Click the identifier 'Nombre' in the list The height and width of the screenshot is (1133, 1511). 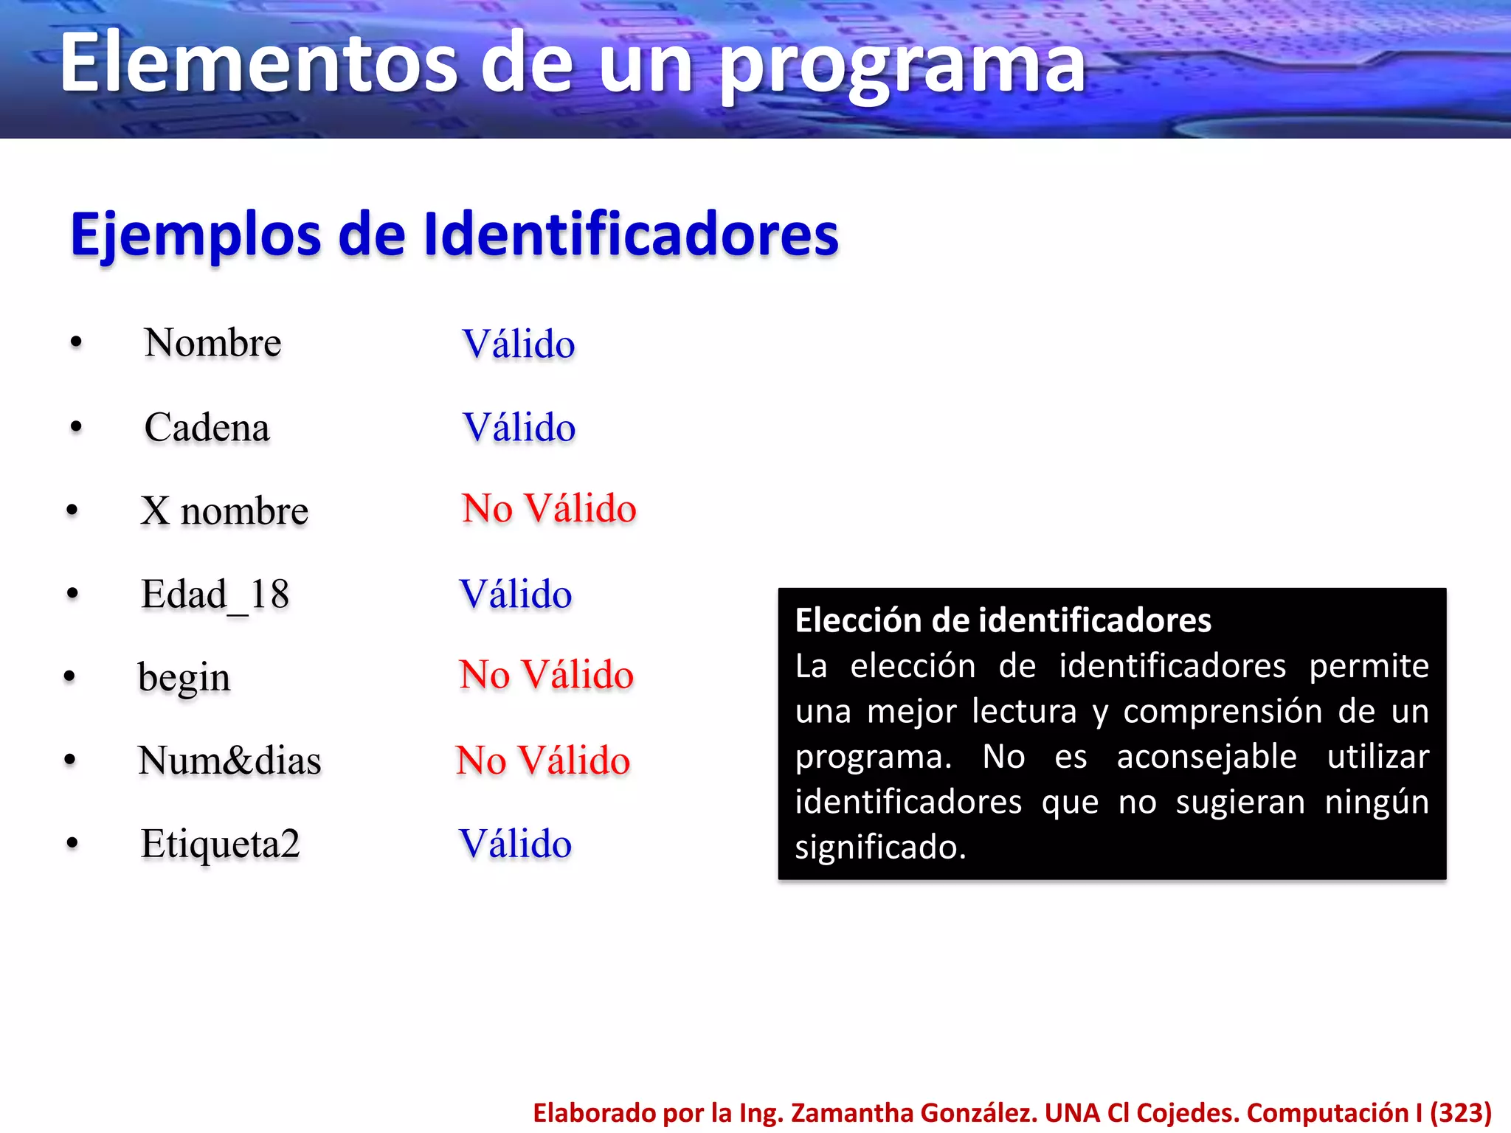click(x=212, y=343)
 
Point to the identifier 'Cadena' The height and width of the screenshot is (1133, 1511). click(x=207, y=428)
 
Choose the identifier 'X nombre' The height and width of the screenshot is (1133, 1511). click(x=224, y=510)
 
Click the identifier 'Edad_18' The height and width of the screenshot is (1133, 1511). click(x=215, y=595)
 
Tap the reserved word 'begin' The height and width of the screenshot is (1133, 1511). click(x=184, y=678)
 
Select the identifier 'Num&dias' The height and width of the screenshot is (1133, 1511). click(x=229, y=760)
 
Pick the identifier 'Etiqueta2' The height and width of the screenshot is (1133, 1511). click(x=220, y=844)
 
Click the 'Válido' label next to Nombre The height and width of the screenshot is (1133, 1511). click(x=519, y=344)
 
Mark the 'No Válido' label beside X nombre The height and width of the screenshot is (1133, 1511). click(x=549, y=508)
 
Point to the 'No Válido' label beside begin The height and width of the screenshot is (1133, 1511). click(x=546, y=674)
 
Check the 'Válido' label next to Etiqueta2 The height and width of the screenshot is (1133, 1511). click(x=515, y=844)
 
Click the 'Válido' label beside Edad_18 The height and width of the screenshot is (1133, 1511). click(x=516, y=595)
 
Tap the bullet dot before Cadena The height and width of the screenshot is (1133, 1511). click(x=76, y=427)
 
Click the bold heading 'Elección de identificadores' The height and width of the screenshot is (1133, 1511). click(x=1003, y=620)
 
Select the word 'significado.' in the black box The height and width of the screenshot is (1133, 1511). click(x=880, y=847)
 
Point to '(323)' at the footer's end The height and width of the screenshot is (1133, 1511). click(x=1462, y=1112)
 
